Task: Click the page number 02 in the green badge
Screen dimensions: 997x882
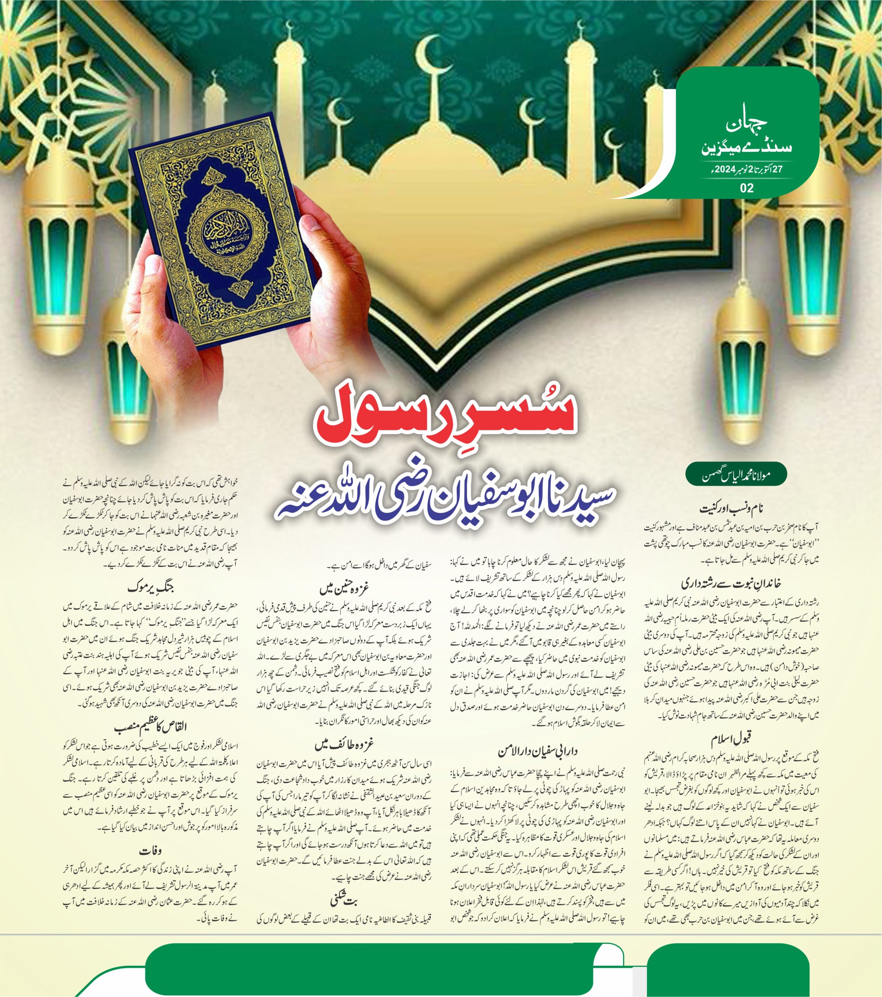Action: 747,187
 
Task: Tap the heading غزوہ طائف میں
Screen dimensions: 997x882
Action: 344,745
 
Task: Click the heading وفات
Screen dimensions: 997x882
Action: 150,851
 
